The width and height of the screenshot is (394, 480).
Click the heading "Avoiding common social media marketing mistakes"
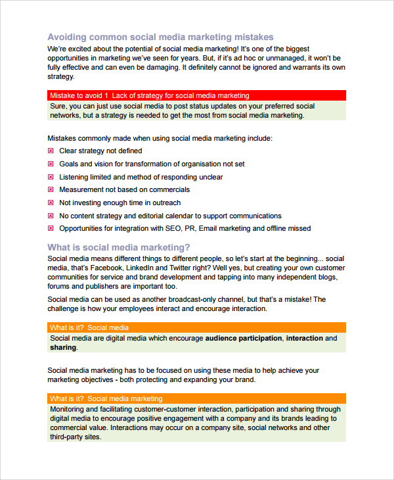pyautogui.click(x=160, y=37)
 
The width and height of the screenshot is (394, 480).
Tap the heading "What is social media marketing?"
pyautogui.click(x=119, y=247)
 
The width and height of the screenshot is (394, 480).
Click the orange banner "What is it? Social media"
pyautogui.click(x=197, y=327)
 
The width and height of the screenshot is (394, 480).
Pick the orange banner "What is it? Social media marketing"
pyautogui.click(x=197, y=398)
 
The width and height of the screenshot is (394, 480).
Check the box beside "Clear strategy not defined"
pyautogui.click(x=51, y=151)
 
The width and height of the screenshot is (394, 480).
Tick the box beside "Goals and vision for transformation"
pyautogui.click(x=51, y=164)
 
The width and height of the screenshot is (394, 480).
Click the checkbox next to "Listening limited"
pyautogui.click(x=51, y=177)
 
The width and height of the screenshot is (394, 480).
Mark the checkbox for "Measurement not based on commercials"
pyautogui.click(x=51, y=190)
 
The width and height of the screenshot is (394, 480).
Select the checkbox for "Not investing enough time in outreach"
pyautogui.click(x=51, y=203)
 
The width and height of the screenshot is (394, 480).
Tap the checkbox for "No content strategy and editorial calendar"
pyautogui.click(x=51, y=216)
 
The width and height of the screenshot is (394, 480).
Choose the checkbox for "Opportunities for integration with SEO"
pyautogui.click(x=51, y=229)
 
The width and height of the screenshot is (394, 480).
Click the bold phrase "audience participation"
pyautogui.click(x=244, y=339)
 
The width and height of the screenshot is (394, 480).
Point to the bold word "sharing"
pyautogui.click(x=63, y=348)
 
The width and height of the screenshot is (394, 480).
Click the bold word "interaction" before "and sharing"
pyautogui.click(x=305, y=339)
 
